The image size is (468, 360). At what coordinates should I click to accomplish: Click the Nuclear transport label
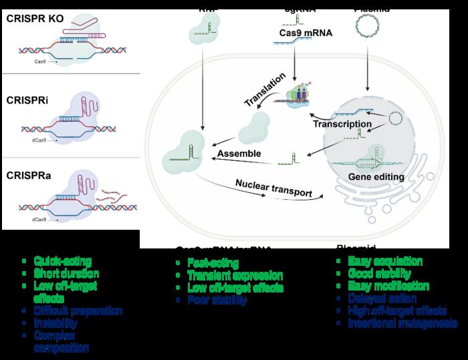tap(273, 188)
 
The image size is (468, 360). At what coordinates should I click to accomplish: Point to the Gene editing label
tap(370, 176)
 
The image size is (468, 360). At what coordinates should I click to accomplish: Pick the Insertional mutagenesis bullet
tap(402, 323)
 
